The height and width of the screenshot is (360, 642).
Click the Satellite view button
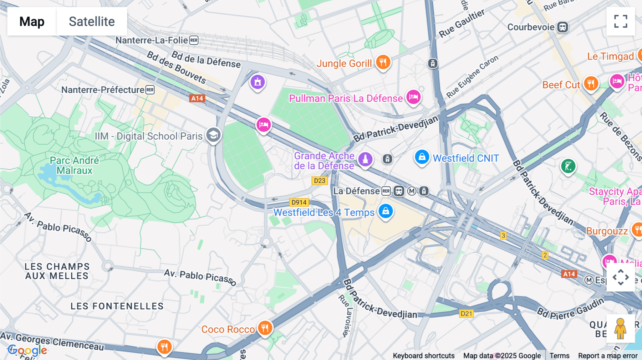click(92, 21)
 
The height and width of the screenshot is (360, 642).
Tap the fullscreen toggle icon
click(621, 21)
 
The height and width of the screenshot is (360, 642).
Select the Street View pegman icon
click(620, 329)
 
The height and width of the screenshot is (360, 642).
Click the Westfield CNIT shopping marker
click(422, 157)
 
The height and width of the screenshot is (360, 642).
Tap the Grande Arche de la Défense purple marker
click(365, 159)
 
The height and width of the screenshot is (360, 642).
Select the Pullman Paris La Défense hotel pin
click(413, 97)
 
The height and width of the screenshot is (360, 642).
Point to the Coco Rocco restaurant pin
click(265, 328)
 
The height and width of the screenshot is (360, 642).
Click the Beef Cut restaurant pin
click(591, 84)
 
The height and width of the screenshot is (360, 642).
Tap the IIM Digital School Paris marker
click(213, 135)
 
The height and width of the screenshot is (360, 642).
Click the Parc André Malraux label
click(74, 165)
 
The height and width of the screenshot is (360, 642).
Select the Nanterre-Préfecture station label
click(103, 90)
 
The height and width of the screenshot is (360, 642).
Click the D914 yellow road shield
click(299, 202)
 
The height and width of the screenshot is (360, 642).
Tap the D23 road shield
click(320, 181)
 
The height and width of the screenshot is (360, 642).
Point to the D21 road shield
click(466, 314)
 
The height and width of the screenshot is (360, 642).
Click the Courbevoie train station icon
click(562, 27)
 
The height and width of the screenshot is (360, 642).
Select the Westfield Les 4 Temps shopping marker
click(386, 211)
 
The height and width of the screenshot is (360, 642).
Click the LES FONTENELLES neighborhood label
click(117, 306)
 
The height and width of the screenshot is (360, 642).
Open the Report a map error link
click(608, 356)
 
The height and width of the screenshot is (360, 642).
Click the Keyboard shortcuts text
click(423, 356)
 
